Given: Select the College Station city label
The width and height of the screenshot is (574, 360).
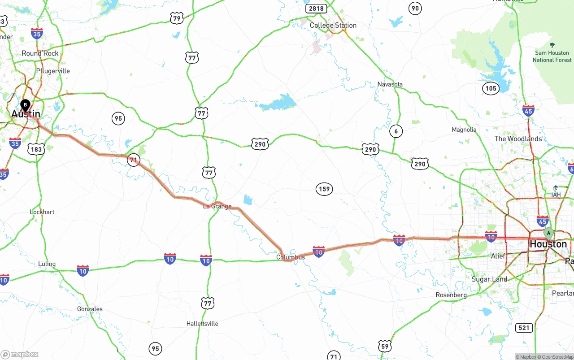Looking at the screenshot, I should [x=333, y=26].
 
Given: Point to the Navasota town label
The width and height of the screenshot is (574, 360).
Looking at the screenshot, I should [x=390, y=84].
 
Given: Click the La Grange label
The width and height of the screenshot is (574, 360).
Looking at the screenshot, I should [x=217, y=206].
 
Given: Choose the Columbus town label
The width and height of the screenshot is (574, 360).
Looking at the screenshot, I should [x=291, y=257].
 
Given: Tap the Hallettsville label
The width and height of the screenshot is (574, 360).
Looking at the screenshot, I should [x=202, y=323].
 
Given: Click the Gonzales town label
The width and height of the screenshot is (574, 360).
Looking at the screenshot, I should [x=90, y=309].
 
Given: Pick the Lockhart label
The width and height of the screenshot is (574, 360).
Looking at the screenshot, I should [x=42, y=212].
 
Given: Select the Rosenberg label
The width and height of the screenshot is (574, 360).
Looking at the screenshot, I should [x=451, y=295].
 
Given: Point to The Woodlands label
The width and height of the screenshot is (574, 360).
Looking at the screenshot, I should [x=518, y=139].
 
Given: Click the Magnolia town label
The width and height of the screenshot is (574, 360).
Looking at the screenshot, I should [x=464, y=130].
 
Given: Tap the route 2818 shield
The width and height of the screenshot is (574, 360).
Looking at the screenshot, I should [x=316, y=9].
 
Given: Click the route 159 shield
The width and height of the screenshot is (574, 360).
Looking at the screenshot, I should [x=324, y=189].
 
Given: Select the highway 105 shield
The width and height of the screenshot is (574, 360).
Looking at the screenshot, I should [x=491, y=88].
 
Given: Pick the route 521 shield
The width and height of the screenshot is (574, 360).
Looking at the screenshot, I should [x=524, y=328].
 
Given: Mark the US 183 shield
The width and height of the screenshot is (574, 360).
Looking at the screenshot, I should [x=36, y=149].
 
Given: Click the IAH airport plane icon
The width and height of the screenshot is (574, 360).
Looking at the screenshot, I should [x=556, y=187].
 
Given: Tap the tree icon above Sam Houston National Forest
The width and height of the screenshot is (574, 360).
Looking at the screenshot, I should [x=552, y=45].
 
